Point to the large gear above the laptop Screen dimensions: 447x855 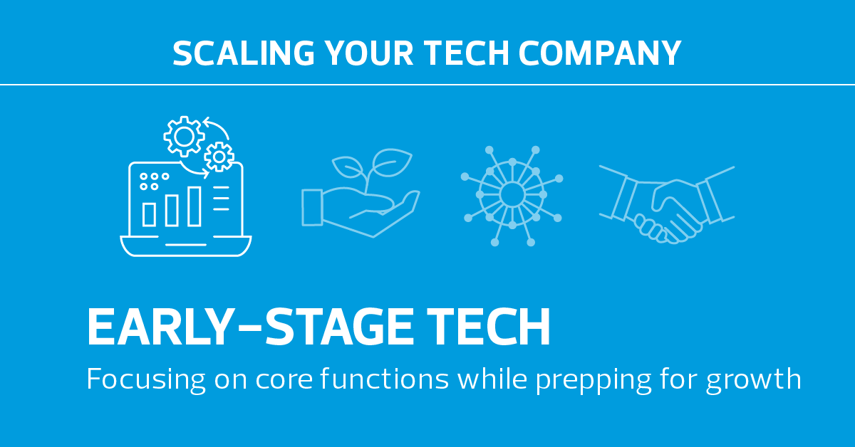point(184,136)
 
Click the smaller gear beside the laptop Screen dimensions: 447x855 point(219,157)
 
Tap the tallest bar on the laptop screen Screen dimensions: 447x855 point(194,206)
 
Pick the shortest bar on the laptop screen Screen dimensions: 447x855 point(149,214)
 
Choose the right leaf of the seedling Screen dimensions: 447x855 point(392,162)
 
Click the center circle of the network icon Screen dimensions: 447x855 point(512,194)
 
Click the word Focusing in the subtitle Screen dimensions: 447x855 point(146,379)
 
